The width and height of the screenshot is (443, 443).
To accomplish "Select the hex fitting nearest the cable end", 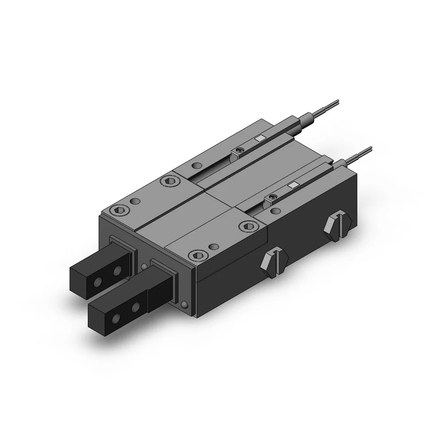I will pyautogui.click(x=338, y=225).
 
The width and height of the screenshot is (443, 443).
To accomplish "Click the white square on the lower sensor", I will pyautogui.click(x=293, y=185).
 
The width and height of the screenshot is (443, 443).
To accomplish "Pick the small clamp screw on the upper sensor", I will pyautogui.click(x=240, y=152).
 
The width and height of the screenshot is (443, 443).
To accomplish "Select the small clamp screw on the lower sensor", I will pyautogui.click(x=271, y=198).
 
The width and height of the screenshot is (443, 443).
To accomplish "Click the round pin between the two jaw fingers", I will pyautogui.click(x=145, y=267).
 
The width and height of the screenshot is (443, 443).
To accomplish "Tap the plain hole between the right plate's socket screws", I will pyautogui.click(x=215, y=246).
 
